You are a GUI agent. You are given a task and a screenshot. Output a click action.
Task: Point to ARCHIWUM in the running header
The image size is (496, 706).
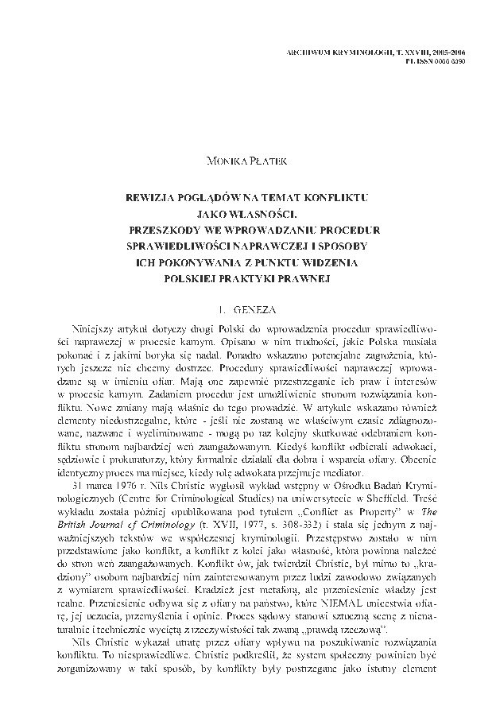point(308,51)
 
